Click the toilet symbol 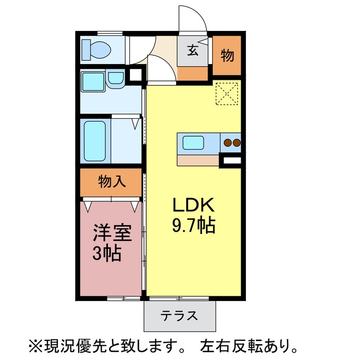[96, 49]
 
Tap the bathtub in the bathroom [95, 141]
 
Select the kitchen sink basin [193, 142]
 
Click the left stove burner [227, 143]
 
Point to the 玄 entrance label [192, 51]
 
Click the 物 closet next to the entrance [227, 55]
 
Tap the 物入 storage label [112, 181]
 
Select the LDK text [193, 205]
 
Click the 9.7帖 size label [193, 225]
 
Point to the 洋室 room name [112, 232]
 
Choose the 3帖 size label [107, 253]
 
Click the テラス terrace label [179, 316]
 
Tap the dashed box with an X [227, 94]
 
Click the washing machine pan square [93, 82]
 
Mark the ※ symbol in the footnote [35, 346]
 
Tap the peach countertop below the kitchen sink [198, 160]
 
